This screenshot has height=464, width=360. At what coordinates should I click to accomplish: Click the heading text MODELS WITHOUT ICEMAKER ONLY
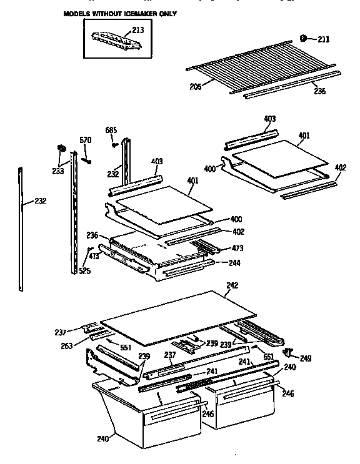119,13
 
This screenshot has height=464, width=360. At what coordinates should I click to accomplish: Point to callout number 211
322,39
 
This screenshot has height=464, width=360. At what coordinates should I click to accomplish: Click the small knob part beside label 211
304,38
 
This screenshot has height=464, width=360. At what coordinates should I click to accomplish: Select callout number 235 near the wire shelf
319,91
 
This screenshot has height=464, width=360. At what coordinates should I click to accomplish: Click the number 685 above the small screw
111,130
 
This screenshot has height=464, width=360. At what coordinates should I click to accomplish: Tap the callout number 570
85,141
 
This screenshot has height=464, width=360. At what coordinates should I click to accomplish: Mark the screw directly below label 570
88,160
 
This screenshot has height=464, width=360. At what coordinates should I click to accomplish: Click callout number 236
92,235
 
